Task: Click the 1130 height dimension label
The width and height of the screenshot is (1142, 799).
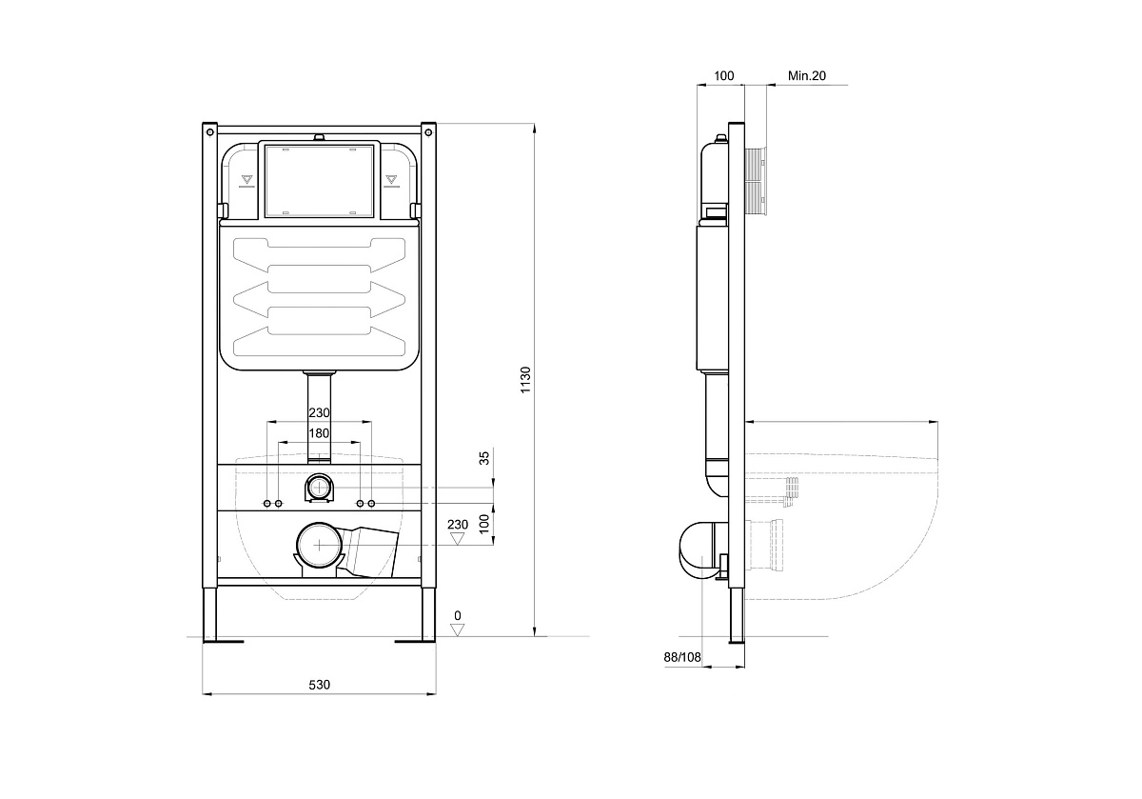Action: coord(525,380)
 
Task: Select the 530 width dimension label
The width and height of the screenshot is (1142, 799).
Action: coord(319,685)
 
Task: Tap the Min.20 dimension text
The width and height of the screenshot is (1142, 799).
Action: coord(807,75)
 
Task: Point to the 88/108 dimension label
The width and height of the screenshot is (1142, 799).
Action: coord(682,657)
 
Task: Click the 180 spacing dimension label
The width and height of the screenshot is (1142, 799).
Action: coord(319,433)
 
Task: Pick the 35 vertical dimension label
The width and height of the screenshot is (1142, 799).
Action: coord(484,458)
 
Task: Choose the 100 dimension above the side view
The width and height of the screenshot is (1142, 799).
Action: coord(723,75)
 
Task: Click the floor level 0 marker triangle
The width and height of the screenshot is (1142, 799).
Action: coord(458,630)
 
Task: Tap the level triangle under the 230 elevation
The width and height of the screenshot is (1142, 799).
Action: coord(458,539)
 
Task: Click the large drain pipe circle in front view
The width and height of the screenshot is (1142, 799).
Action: coord(319,545)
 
